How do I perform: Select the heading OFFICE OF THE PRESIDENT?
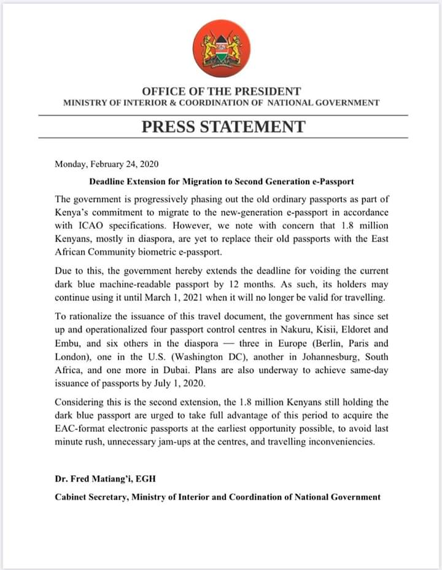pyautogui.click(x=221, y=91)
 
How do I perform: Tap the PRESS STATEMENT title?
pyautogui.click(x=223, y=126)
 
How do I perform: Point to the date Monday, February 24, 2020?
pyautogui.click(x=107, y=164)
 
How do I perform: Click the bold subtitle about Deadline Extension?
pyautogui.click(x=222, y=182)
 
